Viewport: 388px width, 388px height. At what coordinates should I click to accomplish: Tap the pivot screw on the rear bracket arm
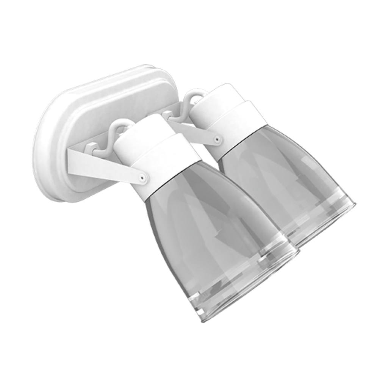[216, 140]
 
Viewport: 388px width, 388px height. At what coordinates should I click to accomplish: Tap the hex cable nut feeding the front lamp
[91, 147]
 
